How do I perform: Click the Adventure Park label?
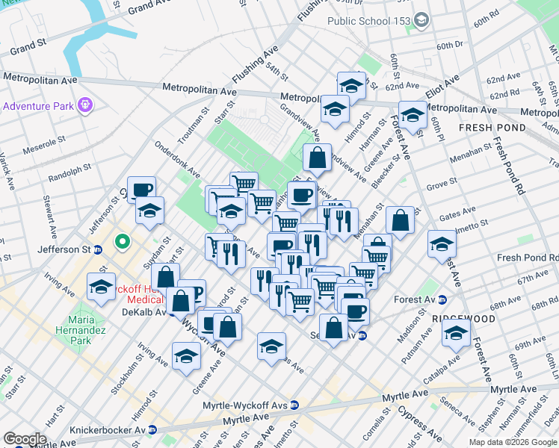(37, 106)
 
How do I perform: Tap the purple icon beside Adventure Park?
(85, 105)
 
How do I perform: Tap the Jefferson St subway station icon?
(98, 249)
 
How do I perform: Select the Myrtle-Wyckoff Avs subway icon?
(294, 405)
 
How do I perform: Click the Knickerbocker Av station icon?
(152, 430)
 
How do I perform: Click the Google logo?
(25, 439)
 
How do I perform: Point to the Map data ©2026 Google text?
(513, 442)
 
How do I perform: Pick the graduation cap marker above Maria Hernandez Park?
(102, 287)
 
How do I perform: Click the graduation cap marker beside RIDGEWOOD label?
(456, 332)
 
